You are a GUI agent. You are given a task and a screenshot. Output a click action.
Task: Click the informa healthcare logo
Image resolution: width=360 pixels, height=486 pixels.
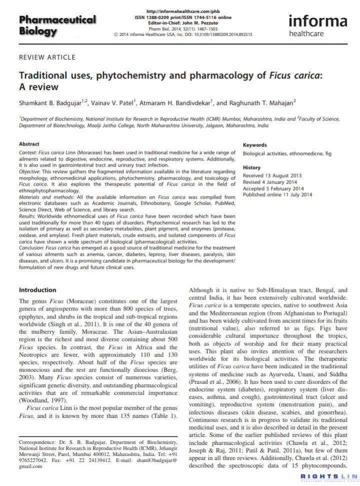pos(317,25)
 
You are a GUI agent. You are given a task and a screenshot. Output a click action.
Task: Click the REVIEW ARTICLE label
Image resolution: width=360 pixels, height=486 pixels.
pos(47,58)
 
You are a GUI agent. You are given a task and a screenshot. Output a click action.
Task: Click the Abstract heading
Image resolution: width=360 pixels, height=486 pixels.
pos(29,144)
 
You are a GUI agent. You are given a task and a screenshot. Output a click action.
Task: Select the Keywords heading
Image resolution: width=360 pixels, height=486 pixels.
pos(255,145)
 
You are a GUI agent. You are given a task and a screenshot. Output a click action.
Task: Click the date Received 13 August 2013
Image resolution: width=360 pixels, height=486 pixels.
pos(273,176)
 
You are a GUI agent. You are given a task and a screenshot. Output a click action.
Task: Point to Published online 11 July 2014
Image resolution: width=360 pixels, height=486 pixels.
pos(277,195)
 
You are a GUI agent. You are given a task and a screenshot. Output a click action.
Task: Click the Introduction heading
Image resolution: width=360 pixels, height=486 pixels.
pos(37,290)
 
